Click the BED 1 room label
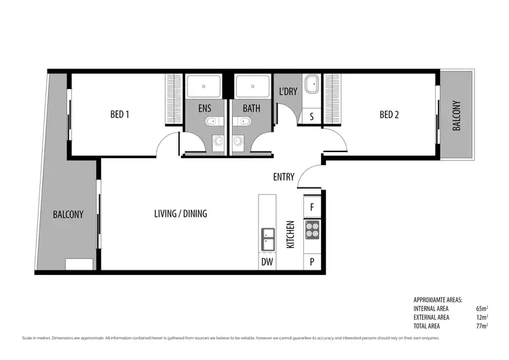pyautogui.click(x=119, y=115)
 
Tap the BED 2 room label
pyautogui.click(x=389, y=115)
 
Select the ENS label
pyautogui.click(x=204, y=108)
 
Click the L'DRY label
pyautogui.click(x=288, y=92)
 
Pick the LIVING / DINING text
pyautogui.click(x=181, y=213)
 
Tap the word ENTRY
pyautogui.click(x=284, y=177)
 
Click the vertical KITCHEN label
pyautogui.click(x=290, y=234)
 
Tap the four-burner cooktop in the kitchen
pyautogui.click(x=312, y=230)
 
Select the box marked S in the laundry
pyautogui.click(x=312, y=116)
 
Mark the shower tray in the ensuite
pyautogui.click(x=205, y=86)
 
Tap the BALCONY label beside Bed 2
pyautogui.click(x=456, y=115)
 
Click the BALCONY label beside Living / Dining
pyautogui.click(x=68, y=214)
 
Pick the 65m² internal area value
pyautogui.click(x=483, y=308)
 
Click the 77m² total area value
pyautogui.click(x=483, y=325)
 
